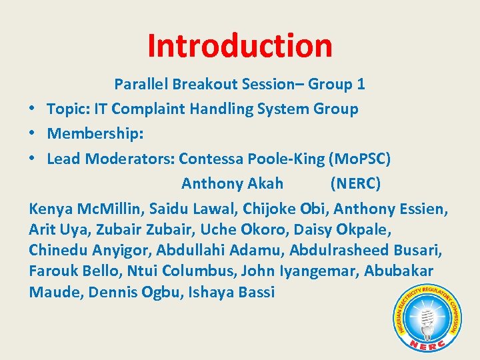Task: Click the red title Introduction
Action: (239, 45)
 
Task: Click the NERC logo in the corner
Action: (427, 317)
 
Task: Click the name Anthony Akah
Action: (232, 183)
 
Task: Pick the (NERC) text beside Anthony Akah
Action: (355, 183)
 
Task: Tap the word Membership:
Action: (95, 134)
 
